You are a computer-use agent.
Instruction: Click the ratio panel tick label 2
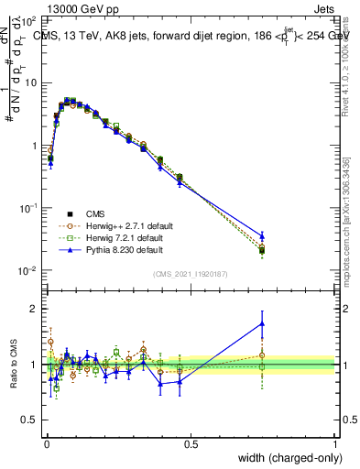pos(34,309)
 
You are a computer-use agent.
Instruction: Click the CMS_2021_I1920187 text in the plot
pos(191,275)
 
